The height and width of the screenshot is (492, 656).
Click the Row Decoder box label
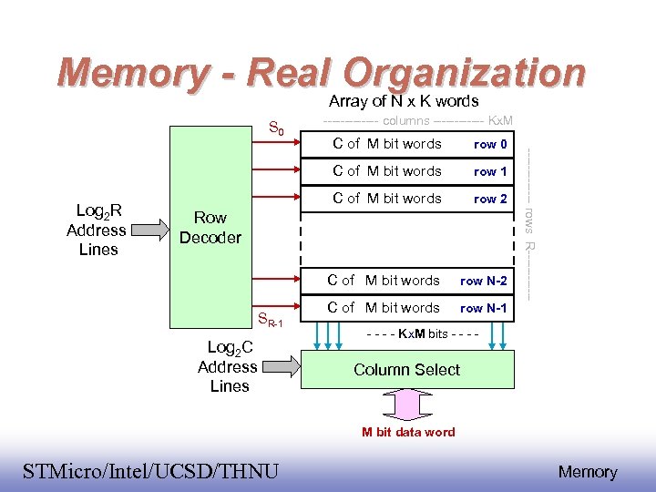pyautogui.click(x=210, y=228)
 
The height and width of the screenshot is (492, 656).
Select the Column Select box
pyautogui.click(x=406, y=369)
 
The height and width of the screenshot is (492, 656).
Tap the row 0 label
pyautogui.click(x=491, y=144)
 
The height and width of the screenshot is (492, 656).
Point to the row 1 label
pyautogui.click(x=491, y=171)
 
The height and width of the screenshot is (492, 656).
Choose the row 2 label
pyautogui.click(x=491, y=199)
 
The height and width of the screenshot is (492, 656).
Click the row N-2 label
pyautogui.click(x=484, y=281)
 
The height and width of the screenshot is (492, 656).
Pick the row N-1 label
pyautogui.click(x=484, y=308)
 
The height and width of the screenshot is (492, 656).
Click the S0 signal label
pyautogui.click(x=275, y=128)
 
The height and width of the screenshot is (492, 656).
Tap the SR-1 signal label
pyautogui.click(x=271, y=320)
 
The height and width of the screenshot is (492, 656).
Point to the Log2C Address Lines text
pyautogui.click(x=228, y=366)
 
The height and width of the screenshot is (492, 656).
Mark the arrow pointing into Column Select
pyautogui.click(x=279, y=366)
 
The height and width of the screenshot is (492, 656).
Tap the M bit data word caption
pyautogui.click(x=408, y=432)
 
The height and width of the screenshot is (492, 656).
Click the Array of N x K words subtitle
pyautogui.click(x=404, y=101)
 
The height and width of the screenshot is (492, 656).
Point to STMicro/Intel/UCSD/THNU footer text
pyautogui.click(x=150, y=471)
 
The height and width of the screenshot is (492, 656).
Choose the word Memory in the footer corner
pyautogui.click(x=588, y=472)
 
